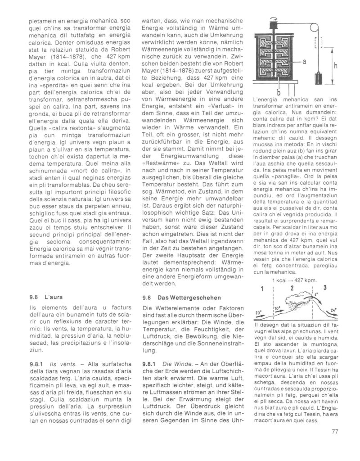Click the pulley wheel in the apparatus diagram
[273, 20]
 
